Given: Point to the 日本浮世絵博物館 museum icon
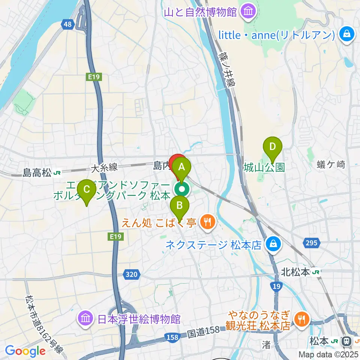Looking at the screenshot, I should coord(85,319).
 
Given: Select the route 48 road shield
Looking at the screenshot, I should coord(67,24).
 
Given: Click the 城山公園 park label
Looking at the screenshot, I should coord(264,167).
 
